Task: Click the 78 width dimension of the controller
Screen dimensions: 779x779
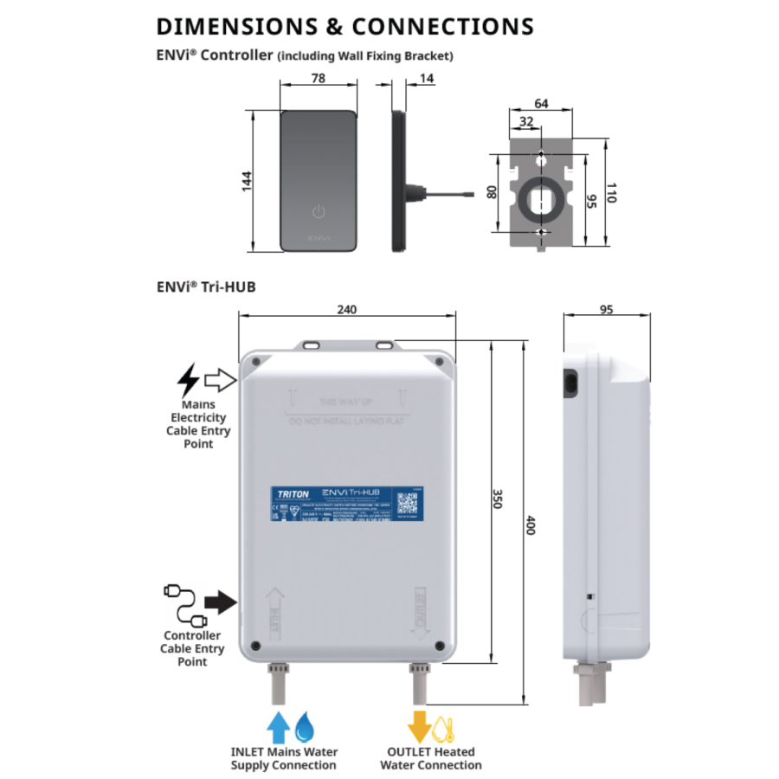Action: click(x=318, y=79)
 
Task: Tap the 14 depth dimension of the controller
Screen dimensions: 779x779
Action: click(x=427, y=79)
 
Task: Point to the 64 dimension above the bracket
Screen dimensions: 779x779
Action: click(x=541, y=104)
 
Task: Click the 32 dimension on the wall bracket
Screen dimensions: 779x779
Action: click(x=525, y=123)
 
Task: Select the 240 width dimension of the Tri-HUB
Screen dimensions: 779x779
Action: click(x=346, y=309)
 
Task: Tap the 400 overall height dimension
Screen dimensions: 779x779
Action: click(x=530, y=525)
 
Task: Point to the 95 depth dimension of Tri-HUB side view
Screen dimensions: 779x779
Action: click(x=606, y=309)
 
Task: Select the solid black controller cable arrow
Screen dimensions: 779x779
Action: click(x=221, y=602)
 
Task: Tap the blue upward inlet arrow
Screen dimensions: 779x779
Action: click(x=279, y=727)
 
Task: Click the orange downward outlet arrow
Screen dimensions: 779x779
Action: click(x=420, y=727)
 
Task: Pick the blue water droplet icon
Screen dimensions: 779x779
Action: click(x=304, y=728)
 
